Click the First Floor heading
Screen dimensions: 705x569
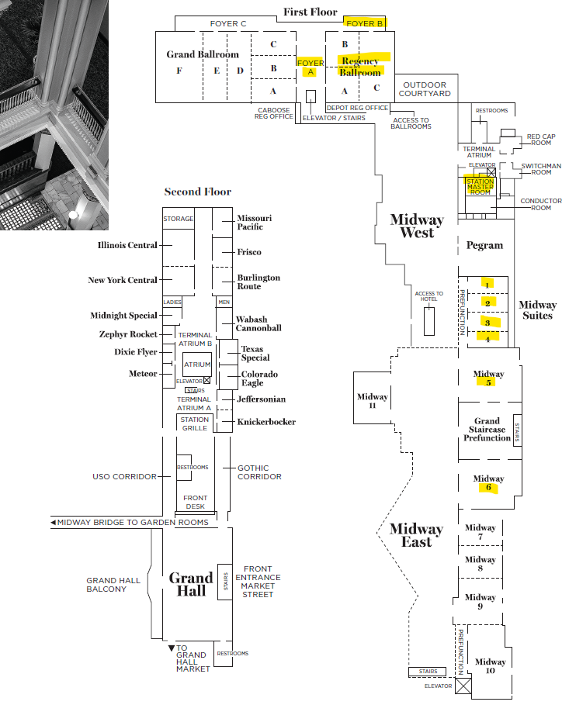311,12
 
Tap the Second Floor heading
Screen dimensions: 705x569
197,192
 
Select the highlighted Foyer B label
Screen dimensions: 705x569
365,23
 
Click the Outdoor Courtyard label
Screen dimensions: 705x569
425,88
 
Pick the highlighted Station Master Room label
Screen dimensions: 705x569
480,187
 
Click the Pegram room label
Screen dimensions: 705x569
484,245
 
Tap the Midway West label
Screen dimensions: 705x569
417,226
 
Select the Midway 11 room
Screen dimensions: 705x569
373,401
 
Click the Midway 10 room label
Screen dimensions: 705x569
491,666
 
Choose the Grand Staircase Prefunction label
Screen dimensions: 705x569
487,430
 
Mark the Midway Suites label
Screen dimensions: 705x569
537,310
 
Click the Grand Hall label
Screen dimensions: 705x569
191,584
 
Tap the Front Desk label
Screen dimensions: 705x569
195,502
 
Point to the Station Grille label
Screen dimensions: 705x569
195,423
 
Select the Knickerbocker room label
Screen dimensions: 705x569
266,422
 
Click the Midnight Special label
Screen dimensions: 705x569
123,316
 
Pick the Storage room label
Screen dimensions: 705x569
178,219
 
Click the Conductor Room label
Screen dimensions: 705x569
541,205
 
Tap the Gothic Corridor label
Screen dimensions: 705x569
259,472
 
